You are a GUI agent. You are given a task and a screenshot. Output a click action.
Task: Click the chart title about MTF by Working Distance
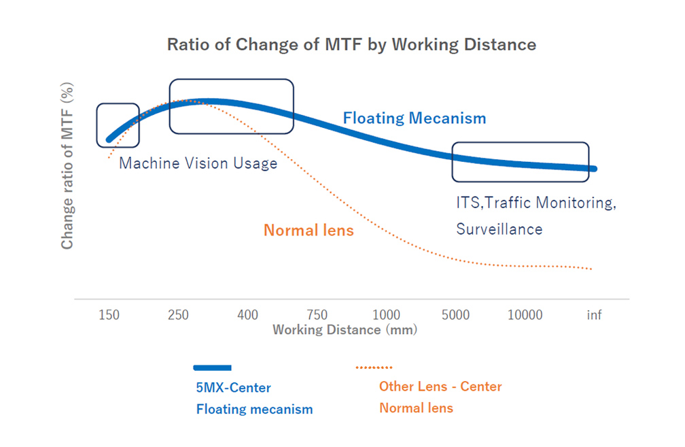click(x=351, y=45)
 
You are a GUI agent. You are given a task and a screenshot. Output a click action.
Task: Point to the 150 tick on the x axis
click(x=109, y=315)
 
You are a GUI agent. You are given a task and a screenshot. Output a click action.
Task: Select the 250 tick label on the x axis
click(x=178, y=315)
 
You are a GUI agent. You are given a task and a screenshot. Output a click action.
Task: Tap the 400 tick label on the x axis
click(x=248, y=315)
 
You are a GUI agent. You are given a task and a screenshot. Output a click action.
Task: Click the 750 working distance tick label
click(x=317, y=315)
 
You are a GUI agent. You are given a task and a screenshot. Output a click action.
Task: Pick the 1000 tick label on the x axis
click(x=387, y=315)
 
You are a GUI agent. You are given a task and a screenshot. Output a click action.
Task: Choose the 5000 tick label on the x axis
click(x=455, y=315)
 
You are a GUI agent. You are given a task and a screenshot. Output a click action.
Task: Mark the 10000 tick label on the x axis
click(x=525, y=315)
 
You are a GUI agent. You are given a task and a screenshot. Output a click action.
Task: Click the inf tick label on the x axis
click(x=595, y=315)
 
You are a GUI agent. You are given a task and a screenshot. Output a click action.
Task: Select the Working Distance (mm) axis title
click(x=345, y=330)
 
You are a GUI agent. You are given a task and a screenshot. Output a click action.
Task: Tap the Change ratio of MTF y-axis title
click(x=67, y=167)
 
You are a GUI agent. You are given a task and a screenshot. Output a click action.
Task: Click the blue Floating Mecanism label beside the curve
click(x=415, y=118)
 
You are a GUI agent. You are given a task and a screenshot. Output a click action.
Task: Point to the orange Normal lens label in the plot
click(x=309, y=231)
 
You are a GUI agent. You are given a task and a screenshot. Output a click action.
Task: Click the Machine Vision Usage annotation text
click(x=198, y=163)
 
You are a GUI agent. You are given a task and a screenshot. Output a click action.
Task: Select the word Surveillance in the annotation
click(x=499, y=229)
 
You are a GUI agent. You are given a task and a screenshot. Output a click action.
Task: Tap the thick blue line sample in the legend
click(x=212, y=368)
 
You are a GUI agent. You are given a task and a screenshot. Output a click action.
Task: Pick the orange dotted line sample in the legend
click(x=374, y=368)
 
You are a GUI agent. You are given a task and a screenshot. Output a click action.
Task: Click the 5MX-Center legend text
click(x=234, y=388)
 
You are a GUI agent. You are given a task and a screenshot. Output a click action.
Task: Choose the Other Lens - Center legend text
click(x=440, y=386)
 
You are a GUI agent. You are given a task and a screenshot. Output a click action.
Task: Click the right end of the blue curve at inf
click(x=594, y=169)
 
